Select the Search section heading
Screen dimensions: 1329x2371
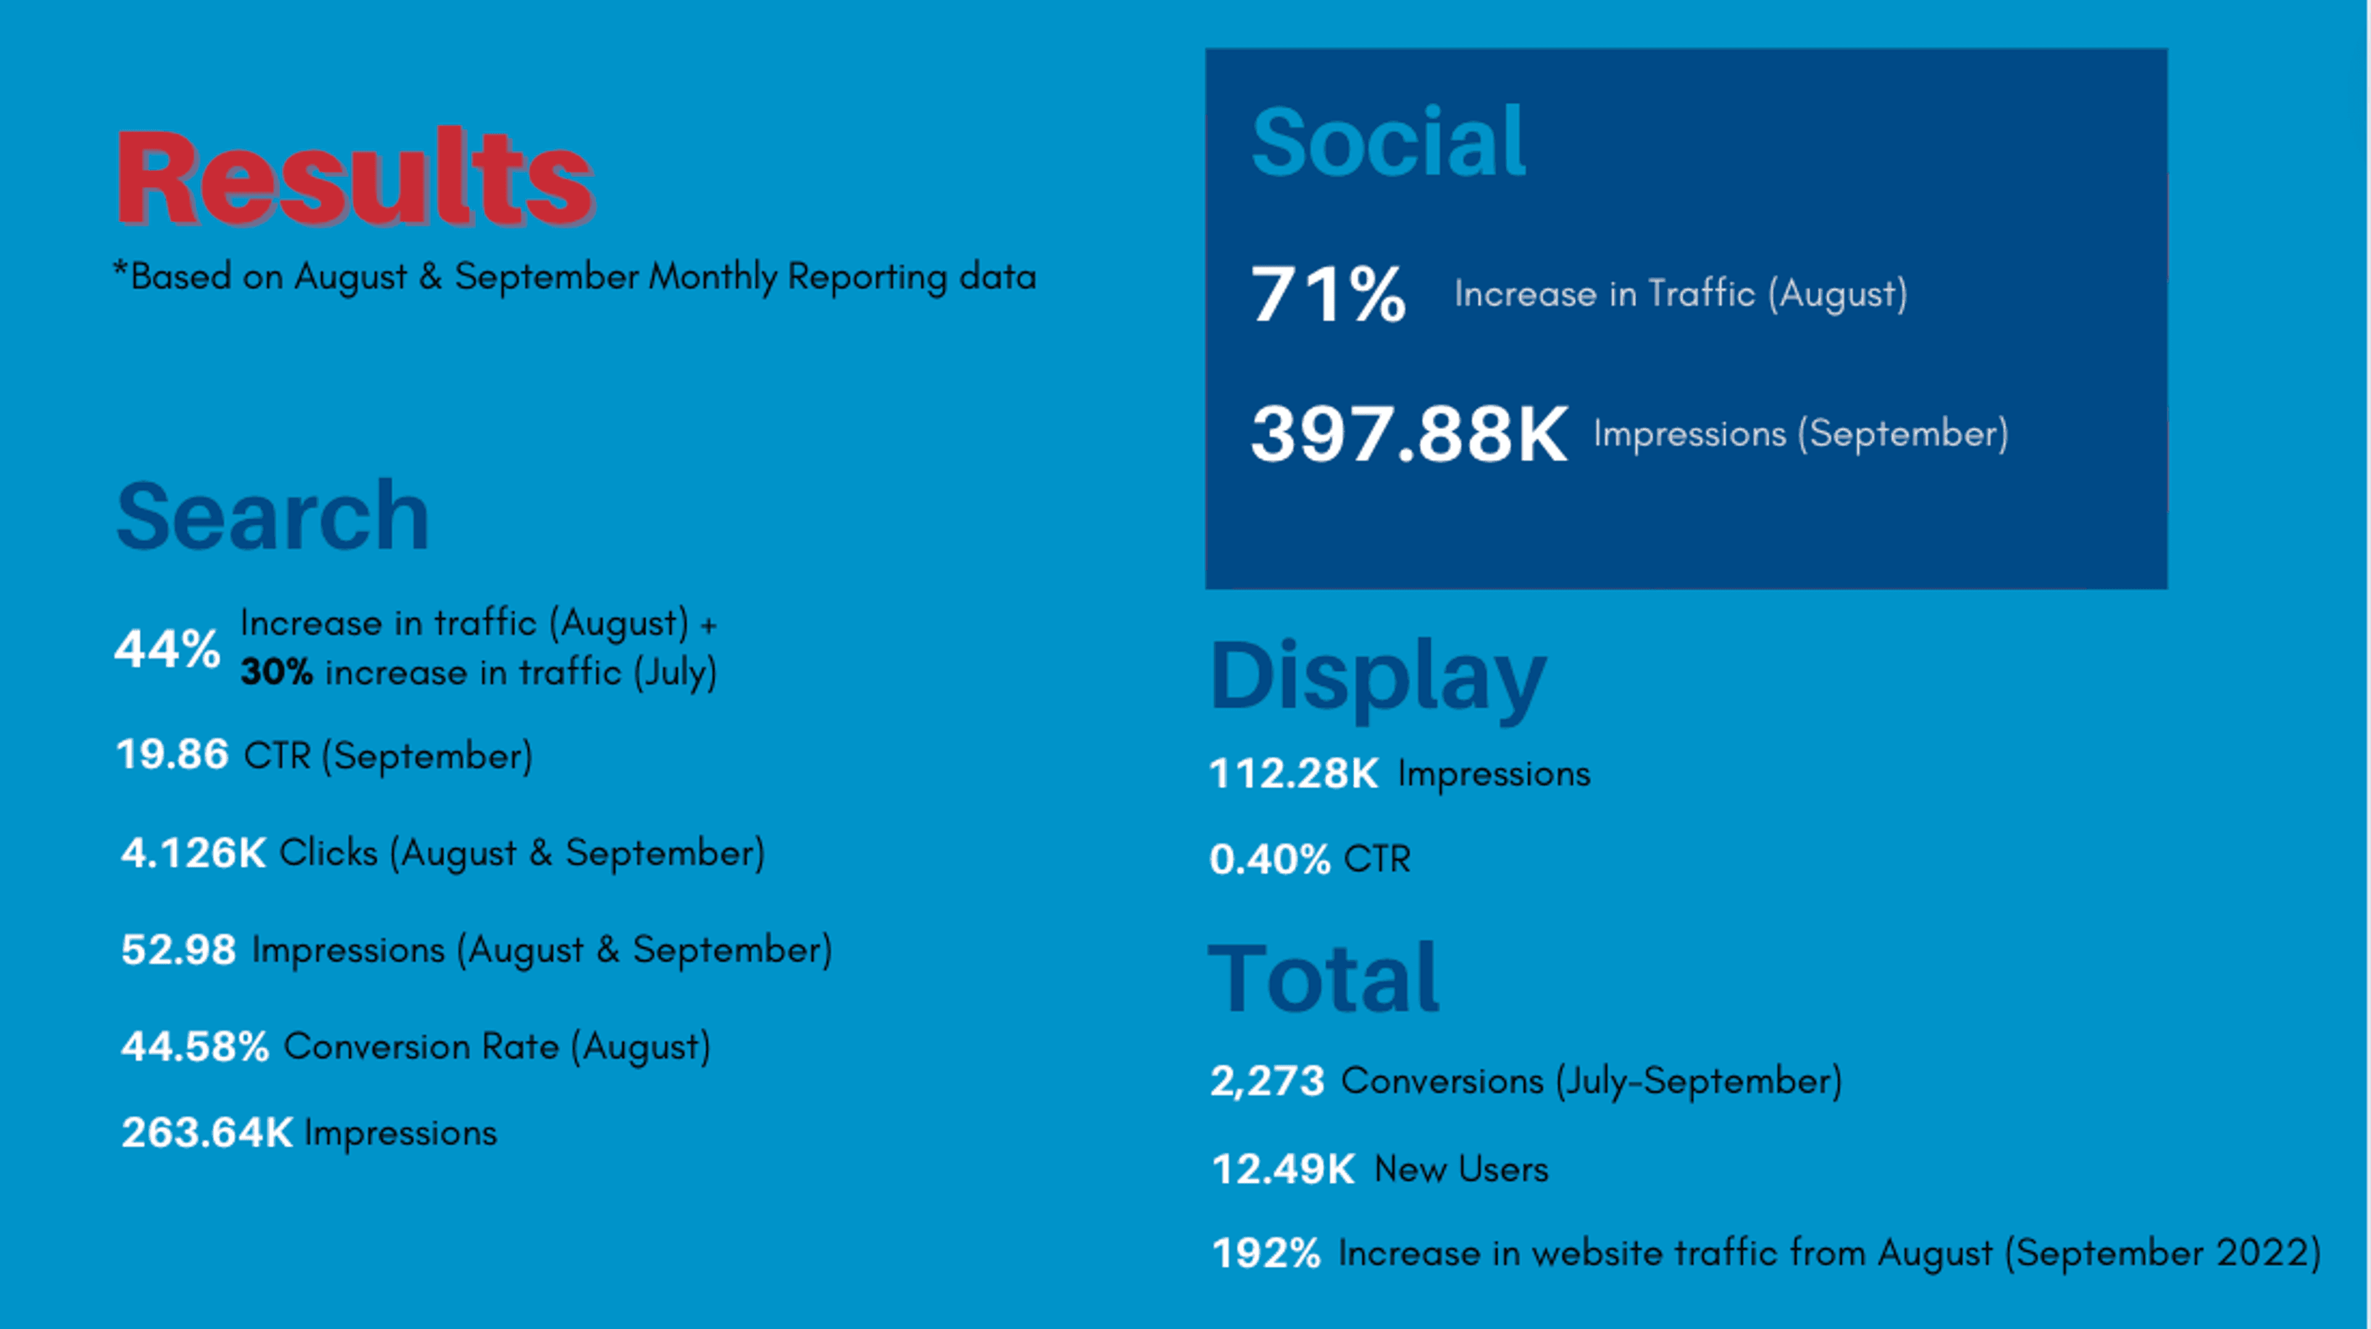(x=274, y=517)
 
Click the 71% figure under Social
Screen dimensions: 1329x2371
(x=1328, y=294)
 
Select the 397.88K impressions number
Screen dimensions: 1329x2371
(x=1408, y=435)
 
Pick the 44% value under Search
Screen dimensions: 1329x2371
(x=167, y=649)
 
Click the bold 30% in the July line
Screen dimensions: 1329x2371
(x=276, y=673)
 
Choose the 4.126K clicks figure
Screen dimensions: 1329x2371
(x=193, y=853)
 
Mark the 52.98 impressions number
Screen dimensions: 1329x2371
(x=178, y=950)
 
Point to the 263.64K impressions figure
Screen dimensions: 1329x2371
(x=207, y=1133)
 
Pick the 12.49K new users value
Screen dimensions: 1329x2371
(x=1283, y=1170)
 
